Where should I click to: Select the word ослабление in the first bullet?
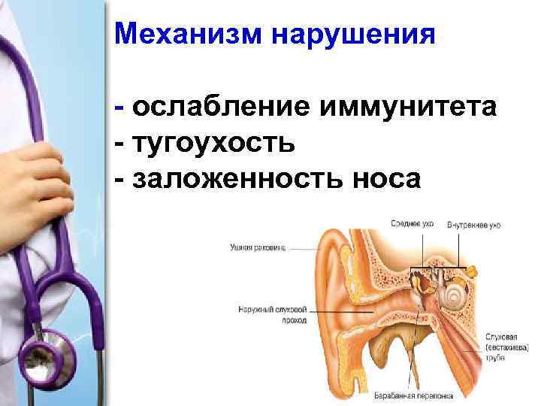pyautogui.click(x=221, y=108)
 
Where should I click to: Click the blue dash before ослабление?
pyautogui.click(x=120, y=108)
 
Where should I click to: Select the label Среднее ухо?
pyautogui.click(x=413, y=224)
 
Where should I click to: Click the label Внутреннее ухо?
pyautogui.click(x=473, y=224)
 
